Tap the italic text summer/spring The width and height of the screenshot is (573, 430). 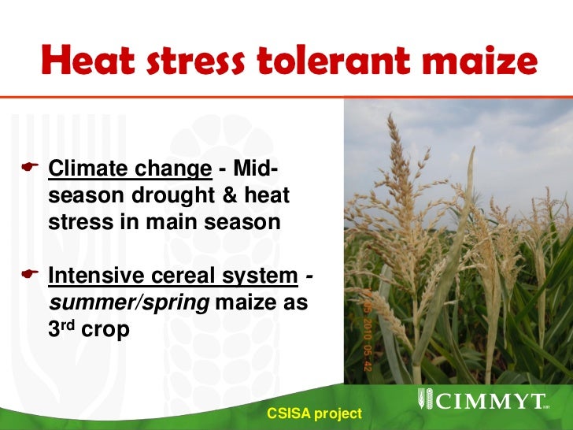pyautogui.click(x=128, y=303)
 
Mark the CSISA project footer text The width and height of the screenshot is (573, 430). pyautogui.click(x=314, y=413)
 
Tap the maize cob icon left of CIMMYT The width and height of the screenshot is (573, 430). pyautogui.click(x=422, y=400)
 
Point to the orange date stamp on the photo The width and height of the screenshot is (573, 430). pyautogui.click(x=367, y=329)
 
